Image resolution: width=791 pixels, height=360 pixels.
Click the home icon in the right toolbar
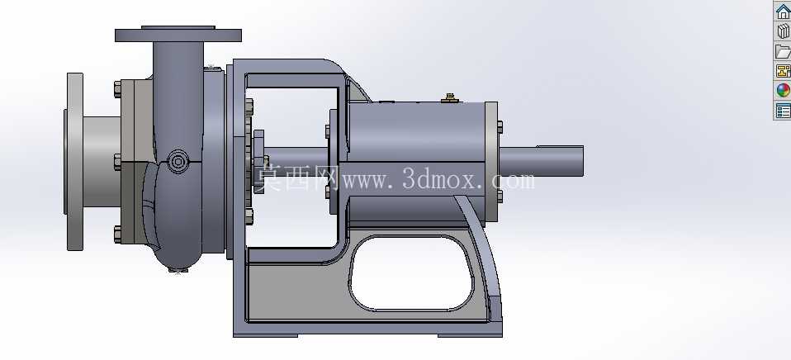click(x=784, y=11)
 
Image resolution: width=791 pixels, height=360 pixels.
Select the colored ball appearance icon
click(x=784, y=90)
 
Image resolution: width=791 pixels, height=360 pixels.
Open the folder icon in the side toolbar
click(x=784, y=51)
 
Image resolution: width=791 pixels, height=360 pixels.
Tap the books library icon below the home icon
click(x=784, y=31)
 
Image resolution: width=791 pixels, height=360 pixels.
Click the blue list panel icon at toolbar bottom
click(x=784, y=111)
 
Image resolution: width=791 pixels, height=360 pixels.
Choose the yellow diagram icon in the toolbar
click(x=784, y=70)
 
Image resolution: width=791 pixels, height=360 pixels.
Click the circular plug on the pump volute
click(x=178, y=161)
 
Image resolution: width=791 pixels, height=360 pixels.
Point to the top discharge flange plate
click(x=178, y=35)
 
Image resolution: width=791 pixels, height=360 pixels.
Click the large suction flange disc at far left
click(x=74, y=161)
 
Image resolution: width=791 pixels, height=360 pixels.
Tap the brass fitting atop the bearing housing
click(x=449, y=98)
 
